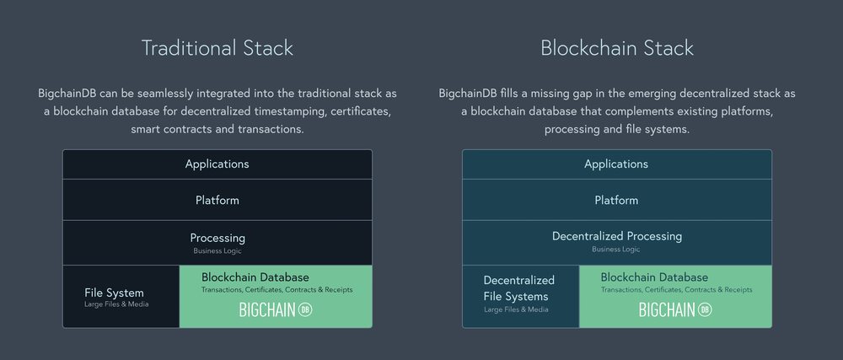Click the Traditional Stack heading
217,48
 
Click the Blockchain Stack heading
617,48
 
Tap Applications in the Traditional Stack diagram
217,164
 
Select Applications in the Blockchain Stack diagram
617,164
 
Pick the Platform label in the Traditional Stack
217,201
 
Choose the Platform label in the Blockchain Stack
617,201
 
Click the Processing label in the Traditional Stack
217,238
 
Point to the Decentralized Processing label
617,236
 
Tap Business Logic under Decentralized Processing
616,250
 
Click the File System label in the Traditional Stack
114,293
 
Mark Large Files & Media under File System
116,304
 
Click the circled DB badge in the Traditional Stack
305,310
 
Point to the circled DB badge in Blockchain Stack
705,310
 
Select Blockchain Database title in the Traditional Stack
255,277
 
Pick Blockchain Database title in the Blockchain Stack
654,277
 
